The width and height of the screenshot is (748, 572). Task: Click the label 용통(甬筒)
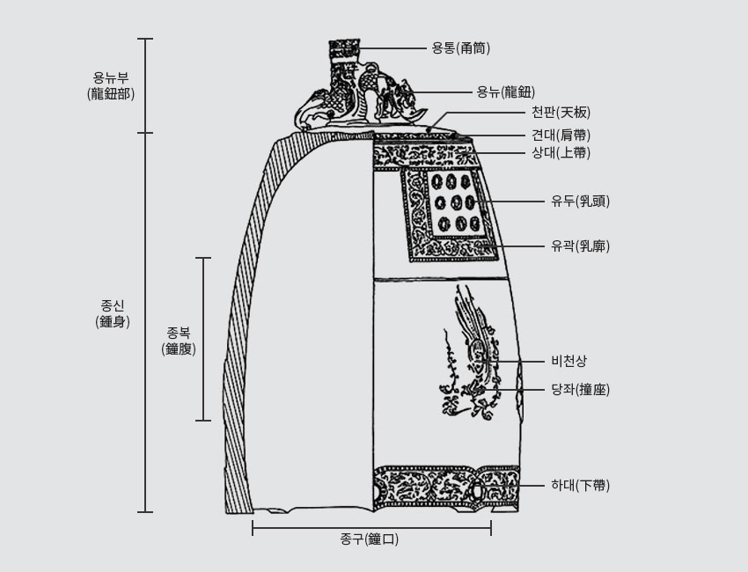(x=460, y=48)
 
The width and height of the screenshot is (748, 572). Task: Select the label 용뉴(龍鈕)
(x=504, y=92)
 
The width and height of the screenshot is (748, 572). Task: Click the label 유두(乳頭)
(x=580, y=202)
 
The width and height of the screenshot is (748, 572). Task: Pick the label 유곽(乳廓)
(x=580, y=246)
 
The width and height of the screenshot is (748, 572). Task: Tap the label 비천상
(x=568, y=361)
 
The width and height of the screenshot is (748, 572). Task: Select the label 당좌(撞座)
(x=580, y=389)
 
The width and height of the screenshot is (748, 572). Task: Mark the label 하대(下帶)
(x=580, y=485)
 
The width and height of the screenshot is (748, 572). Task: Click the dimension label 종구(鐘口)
(x=370, y=539)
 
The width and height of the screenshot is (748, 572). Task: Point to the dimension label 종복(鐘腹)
(x=179, y=341)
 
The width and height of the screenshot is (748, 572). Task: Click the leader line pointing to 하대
(x=534, y=485)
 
